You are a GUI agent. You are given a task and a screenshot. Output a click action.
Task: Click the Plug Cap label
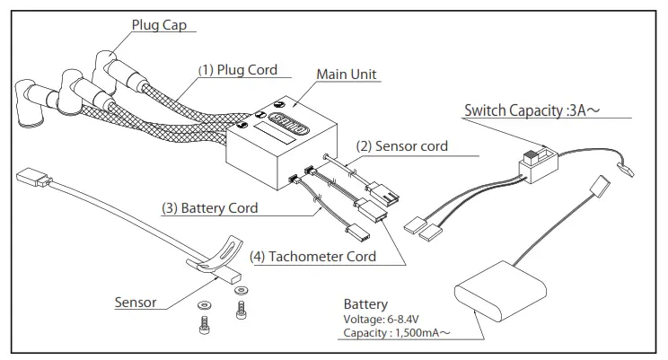159,25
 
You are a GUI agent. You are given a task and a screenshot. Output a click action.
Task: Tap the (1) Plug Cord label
238,70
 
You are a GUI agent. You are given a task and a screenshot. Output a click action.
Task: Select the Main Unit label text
347,75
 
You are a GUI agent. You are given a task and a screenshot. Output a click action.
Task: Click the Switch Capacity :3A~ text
532,110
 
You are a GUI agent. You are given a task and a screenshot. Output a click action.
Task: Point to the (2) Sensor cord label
401,146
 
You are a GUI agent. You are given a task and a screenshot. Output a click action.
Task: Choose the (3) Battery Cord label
209,208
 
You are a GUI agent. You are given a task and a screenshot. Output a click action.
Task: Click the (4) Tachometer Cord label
312,257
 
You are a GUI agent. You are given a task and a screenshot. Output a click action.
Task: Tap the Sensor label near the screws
136,303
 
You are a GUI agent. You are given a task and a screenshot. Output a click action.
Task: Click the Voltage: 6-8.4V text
381,319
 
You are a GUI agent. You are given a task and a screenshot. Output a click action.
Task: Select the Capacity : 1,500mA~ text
397,333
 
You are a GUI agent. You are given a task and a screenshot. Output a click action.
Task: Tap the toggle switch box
538,165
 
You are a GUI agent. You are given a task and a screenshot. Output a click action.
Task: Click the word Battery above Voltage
365,304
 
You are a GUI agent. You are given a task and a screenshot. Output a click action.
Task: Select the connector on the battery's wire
601,186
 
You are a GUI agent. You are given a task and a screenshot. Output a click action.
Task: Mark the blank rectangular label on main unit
275,134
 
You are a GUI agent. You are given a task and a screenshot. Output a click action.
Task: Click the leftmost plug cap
29,102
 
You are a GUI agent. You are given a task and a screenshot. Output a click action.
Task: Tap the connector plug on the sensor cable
33,178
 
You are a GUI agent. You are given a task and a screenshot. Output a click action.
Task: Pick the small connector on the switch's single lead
625,170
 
